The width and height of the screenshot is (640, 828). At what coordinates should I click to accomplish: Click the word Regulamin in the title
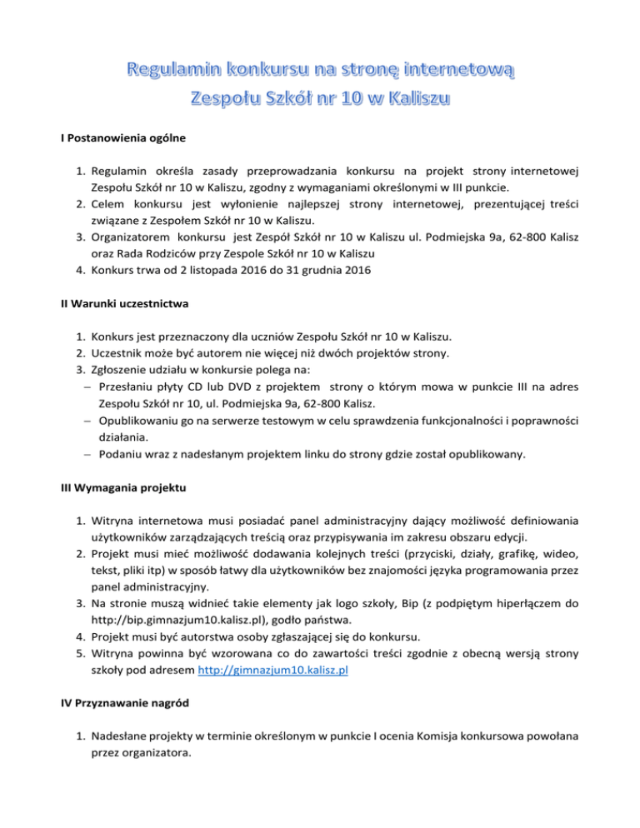165,69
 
